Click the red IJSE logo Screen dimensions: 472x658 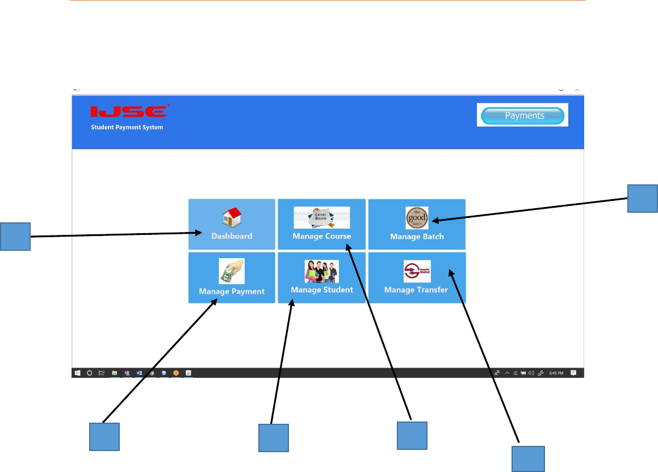(129, 111)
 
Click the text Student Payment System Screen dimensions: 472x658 (127, 127)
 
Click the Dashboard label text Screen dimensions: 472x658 (232, 236)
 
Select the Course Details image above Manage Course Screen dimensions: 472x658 (321, 217)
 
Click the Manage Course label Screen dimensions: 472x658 (321, 236)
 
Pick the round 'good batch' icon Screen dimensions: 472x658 (417, 218)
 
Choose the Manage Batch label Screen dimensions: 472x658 (417, 237)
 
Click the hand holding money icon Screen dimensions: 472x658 (232, 271)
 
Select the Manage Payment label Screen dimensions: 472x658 (232, 292)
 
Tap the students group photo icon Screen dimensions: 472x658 (321, 271)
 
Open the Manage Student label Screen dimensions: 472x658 (321, 290)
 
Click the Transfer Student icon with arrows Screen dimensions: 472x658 (417, 271)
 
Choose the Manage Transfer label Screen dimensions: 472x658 (416, 290)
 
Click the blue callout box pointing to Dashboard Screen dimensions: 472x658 (15, 237)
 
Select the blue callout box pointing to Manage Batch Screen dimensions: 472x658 (643, 198)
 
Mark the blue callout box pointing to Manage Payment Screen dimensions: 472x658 (104, 436)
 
